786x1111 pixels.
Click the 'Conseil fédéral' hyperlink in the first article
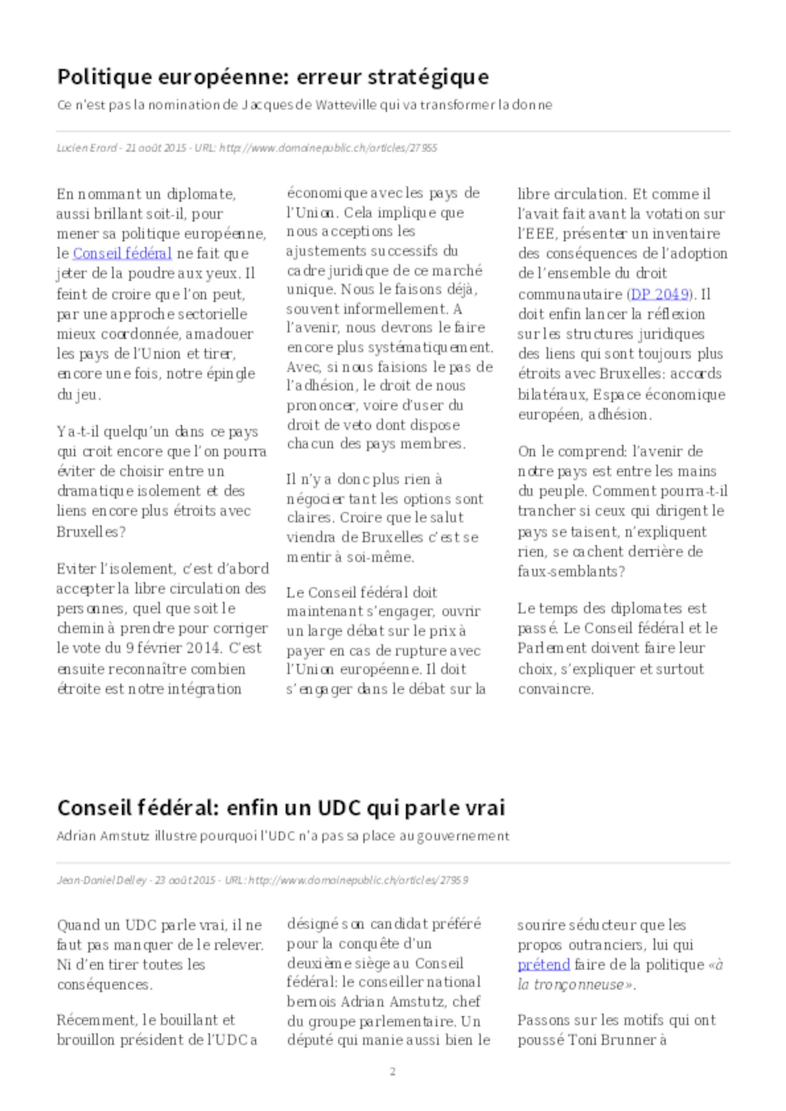pos(122,253)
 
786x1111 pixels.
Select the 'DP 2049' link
pos(659,294)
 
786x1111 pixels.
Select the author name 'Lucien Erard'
pos(86,148)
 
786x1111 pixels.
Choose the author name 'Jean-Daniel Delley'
pos(101,880)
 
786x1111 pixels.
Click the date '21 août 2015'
pos(156,148)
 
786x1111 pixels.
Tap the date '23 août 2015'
pos(185,880)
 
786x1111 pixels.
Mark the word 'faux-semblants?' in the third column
pos(571,572)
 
